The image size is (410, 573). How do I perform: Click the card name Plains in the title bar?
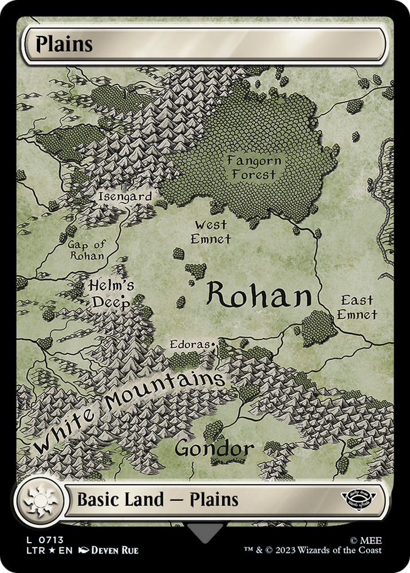tap(64, 44)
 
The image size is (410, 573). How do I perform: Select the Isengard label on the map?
tap(125, 197)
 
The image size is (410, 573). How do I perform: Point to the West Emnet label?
tap(210, 231)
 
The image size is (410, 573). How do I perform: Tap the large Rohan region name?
tap(258, 296)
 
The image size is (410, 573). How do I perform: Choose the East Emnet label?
tap(357, 307)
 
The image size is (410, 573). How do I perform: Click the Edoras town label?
tap(191, 345)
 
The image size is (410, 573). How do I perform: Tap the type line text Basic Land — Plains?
tap(157, 500)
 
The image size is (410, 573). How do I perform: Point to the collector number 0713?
tap(52, 539)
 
